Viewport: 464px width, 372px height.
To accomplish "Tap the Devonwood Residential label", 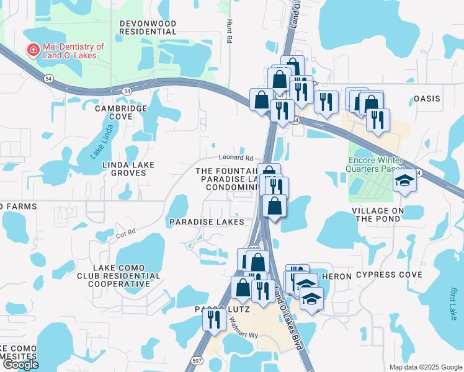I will tap(148, 27).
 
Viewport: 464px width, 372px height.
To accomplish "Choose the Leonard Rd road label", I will tap(236, 159).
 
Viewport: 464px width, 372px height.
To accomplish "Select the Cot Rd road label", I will tap(125, 235).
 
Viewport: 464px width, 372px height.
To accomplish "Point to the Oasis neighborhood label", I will tap(427, 99).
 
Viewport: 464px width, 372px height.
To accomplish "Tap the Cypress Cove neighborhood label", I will tap(389, 275).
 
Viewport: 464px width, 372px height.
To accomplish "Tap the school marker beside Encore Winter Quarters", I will tap(405, 181).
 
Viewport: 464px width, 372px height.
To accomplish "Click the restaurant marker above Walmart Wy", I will tap(212, 319).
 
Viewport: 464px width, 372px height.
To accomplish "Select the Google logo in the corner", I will tap(20, 364).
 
